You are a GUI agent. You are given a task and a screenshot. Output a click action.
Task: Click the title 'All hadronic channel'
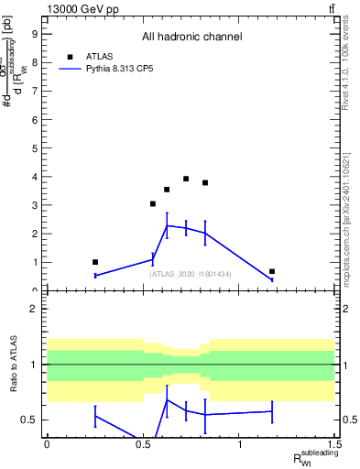pos(191,38)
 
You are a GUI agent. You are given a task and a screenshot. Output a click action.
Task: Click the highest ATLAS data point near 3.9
pos(186,179)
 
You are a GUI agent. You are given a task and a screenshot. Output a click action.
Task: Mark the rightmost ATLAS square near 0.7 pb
pos(272,271)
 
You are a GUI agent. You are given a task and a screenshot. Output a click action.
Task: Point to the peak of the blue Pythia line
pos(167,225)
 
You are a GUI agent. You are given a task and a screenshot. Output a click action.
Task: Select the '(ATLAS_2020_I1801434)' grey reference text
pos(191,274)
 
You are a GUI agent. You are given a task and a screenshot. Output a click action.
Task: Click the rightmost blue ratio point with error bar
pos(272,411)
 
